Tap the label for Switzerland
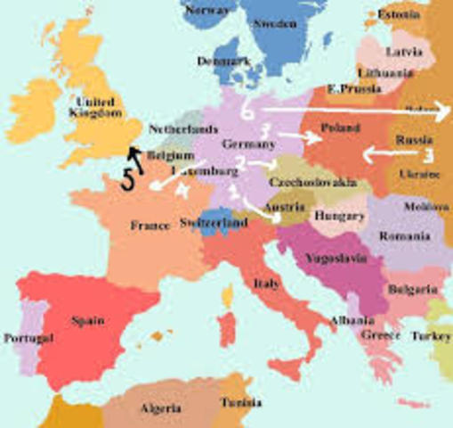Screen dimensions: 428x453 (x=213, y=222)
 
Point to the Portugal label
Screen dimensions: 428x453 (x=28, y=339)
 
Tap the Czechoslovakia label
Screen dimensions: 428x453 (x=312, y=182)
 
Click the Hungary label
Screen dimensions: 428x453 (x=340, y=217)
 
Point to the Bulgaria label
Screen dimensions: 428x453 (x=411, y=290)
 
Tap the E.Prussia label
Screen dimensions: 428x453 (x=349, y=89)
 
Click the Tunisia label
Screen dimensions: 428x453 (x=240, y=402)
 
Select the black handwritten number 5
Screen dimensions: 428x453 (x=128, y=178)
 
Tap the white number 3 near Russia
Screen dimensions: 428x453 (x=427, y=154)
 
